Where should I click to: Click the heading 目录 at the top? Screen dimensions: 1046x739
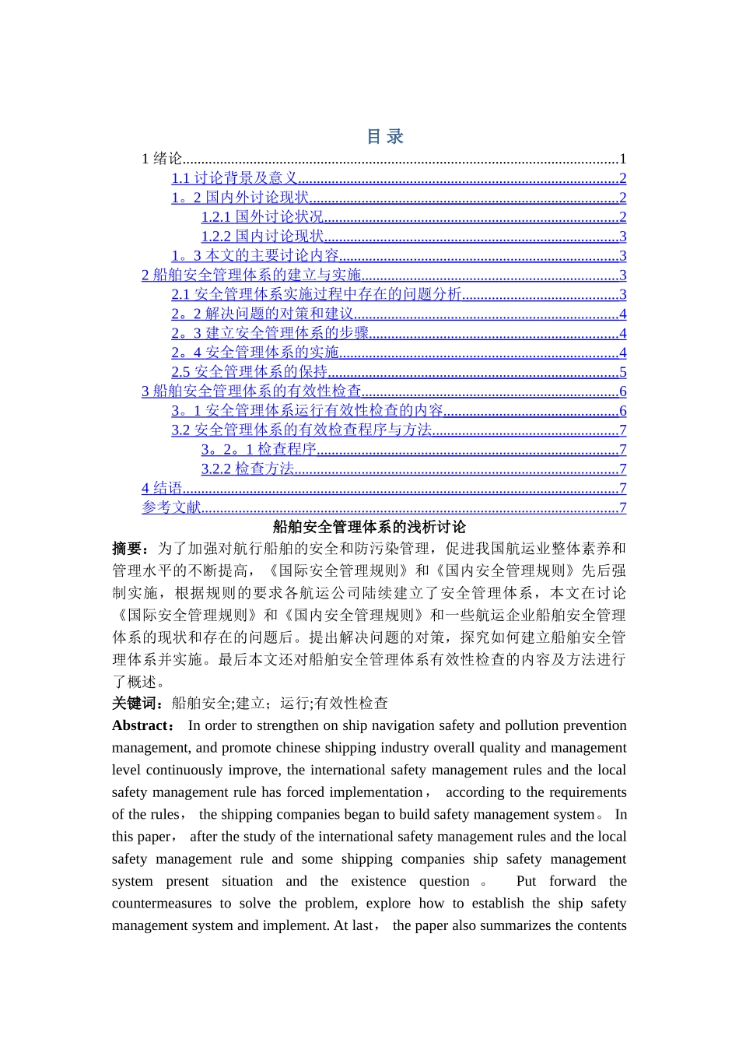385,137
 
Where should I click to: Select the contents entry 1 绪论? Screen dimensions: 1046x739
162,159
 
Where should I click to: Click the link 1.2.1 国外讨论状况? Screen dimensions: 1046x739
262,217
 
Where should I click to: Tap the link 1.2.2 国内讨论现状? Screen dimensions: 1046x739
262,237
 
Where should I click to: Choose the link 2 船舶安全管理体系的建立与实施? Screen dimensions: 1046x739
251,275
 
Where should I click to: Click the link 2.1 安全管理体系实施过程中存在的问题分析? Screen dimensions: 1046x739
317,294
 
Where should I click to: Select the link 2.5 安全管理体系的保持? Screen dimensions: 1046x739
250,372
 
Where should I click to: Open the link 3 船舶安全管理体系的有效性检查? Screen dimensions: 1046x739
251,391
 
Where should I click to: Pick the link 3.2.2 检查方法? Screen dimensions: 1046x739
247,469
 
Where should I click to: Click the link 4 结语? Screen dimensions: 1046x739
162,488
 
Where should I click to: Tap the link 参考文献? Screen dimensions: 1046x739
171,507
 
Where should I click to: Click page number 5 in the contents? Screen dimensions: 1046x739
622,372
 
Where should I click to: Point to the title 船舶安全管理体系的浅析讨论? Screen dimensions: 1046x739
369,527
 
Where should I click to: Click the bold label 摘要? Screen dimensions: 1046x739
128,549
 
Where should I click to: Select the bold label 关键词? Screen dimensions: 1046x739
136,704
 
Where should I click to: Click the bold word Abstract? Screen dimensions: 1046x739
142,725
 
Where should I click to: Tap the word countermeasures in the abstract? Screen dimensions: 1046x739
161,904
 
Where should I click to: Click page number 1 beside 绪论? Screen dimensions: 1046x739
622,159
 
